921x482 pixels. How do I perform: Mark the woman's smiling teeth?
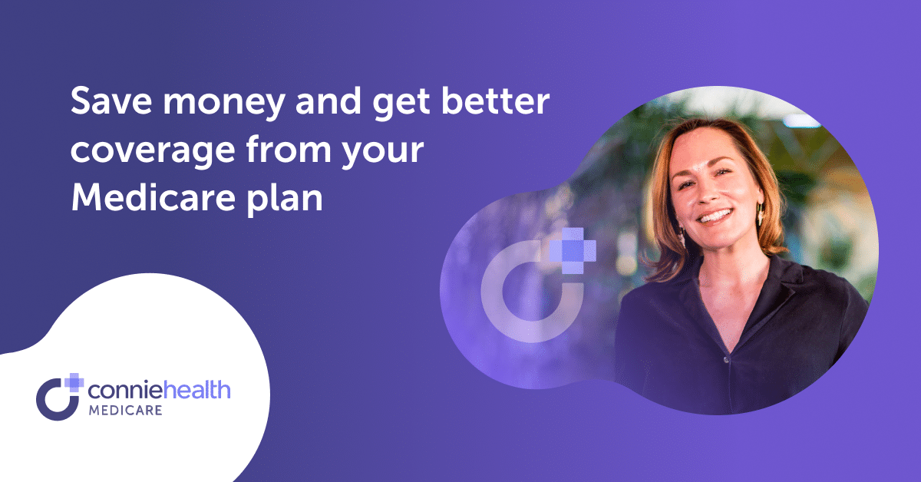(714, 217)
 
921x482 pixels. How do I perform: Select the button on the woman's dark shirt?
(725, 358)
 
